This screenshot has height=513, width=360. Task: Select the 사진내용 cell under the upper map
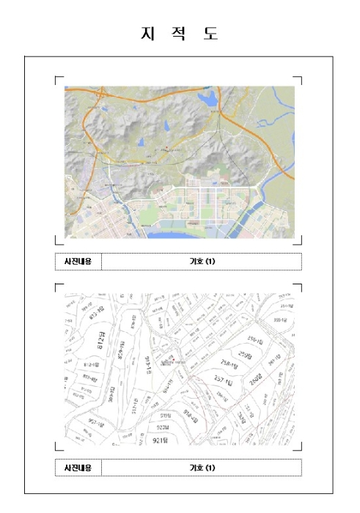[x=78, y=262]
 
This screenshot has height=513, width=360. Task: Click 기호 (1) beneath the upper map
[x=202, y=262]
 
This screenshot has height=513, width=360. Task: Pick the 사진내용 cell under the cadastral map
[x=78, y=468]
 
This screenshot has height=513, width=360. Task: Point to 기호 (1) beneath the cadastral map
[x=202, y=468]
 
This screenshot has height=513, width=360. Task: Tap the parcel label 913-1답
[x=148, y=363]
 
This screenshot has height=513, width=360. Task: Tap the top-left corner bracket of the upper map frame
[x=58, y=78]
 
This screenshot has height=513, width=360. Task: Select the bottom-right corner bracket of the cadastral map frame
[x=298, y=446]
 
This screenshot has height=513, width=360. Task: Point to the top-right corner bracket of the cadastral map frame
[x=298, y=286]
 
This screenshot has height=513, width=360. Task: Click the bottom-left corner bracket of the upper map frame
[x=58, y=241]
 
